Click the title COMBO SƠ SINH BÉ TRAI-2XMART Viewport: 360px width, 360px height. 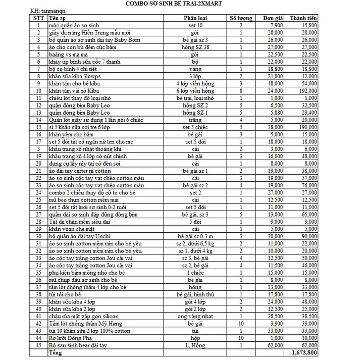click(180, 4)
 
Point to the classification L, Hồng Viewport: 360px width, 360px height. click(195, 345)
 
